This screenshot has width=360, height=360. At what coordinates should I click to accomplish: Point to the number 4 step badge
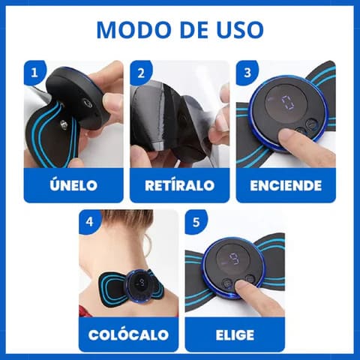click(x=90, y=222)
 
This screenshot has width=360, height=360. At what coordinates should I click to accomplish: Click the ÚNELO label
click(x=73, y=184)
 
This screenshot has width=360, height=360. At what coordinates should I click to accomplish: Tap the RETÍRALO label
click(x=179, y=184)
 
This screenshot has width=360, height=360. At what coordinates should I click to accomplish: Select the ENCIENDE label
click(x=286, y=184)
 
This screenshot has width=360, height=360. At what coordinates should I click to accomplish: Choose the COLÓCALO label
click(x=128, y=334)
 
